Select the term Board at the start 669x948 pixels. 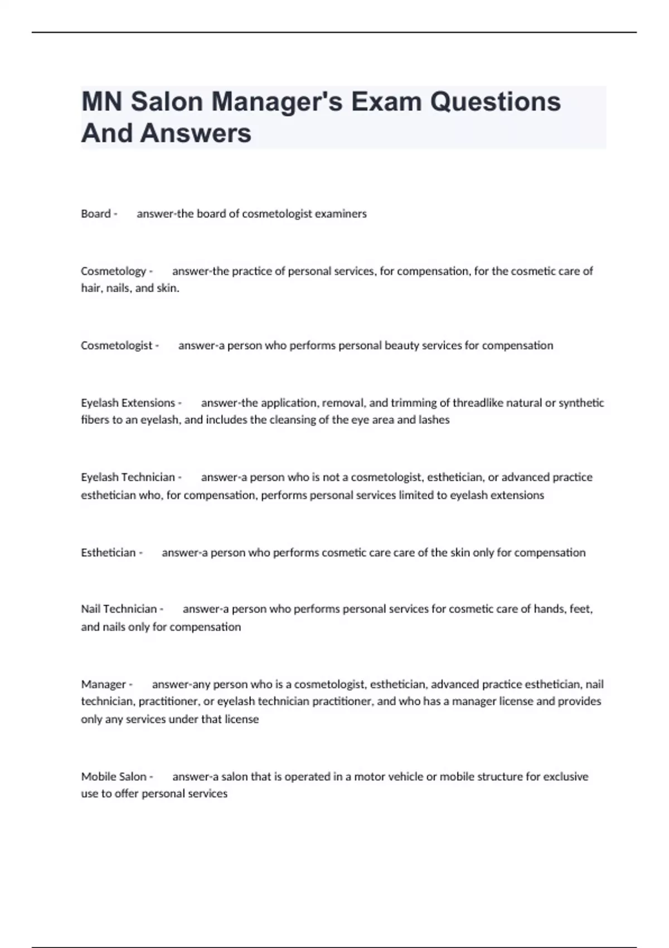(96, 214)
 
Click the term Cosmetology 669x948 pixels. (113, 271)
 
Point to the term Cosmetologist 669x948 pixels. (117, 345)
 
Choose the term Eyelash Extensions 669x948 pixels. (128, 403)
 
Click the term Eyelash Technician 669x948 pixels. (128, 477)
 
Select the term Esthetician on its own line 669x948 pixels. (108, 552)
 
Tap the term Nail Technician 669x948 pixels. (119, 609)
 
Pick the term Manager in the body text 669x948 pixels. (103, 684)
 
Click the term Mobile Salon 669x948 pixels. (114, 776)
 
